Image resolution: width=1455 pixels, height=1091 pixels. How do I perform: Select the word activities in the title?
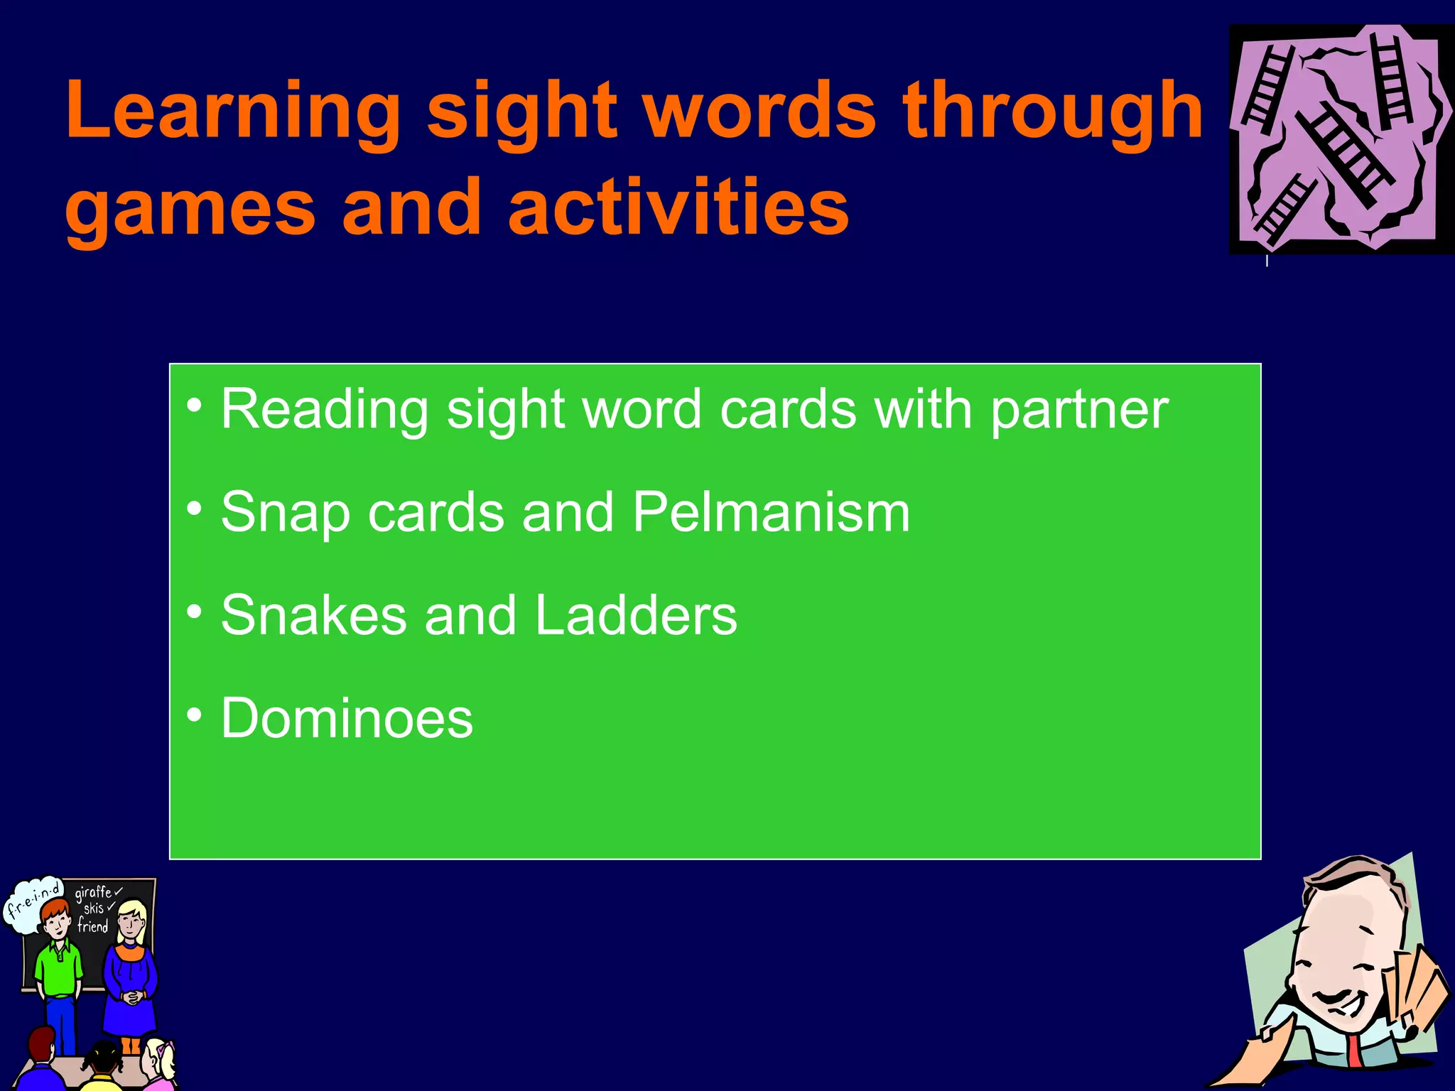[678, 207]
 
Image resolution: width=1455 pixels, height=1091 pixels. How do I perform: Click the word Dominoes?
[347, 718]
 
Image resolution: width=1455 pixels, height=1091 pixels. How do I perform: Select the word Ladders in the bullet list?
[636, 614]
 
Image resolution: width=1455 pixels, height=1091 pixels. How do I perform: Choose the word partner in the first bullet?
[1079, 411]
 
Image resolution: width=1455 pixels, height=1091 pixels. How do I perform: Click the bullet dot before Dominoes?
[195, 715]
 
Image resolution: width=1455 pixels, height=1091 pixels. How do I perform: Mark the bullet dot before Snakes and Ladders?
[195, 612]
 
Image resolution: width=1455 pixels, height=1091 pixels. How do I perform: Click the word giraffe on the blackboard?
[94, 892]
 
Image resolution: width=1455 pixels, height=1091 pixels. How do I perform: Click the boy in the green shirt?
[58, 966]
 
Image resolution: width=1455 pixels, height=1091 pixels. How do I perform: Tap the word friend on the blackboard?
[92, 926]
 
